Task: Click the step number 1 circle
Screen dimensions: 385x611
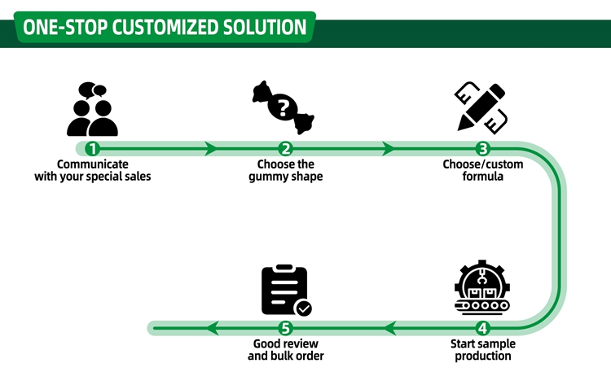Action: coord(93,149)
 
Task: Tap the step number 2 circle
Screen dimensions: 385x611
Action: coord(285,149)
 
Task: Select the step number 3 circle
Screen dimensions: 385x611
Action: coord(483,149)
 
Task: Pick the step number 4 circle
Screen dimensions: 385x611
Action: coord(483,328)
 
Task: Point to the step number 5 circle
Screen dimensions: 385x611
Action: coord(285,328)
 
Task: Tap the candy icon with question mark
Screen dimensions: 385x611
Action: coord(283,109)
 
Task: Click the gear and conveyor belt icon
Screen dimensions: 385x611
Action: coord(483,289)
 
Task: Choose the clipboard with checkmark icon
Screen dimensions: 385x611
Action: coord(284,291)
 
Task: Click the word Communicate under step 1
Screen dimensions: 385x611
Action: coord(93,164)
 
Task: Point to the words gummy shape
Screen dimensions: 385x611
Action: coord(285,177)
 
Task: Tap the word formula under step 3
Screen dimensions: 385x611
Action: coord(483,177)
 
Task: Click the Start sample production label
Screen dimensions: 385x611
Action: coord(483,349)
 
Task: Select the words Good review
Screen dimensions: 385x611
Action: coord(285,343)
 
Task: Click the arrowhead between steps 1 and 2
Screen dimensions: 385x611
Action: coord(211,149)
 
